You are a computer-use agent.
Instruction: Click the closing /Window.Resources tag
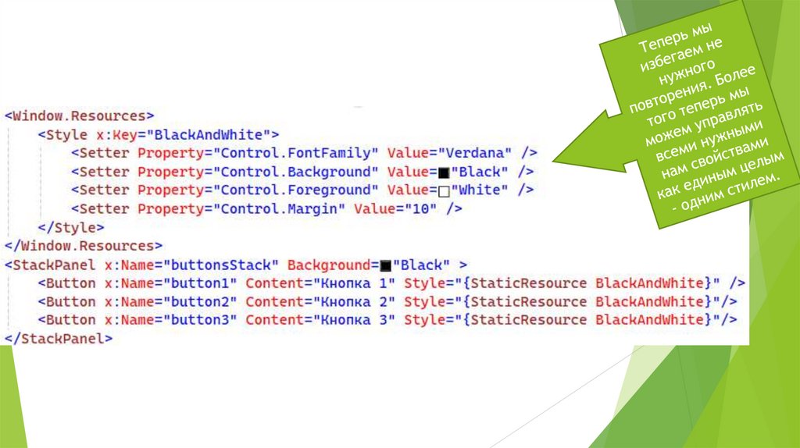[x=84, y=246]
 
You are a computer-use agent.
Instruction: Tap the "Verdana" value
[x=476, y=152]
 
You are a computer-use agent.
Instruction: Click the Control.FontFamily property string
[x=296, y=152]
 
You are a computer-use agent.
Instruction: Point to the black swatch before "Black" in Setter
[x=445, y=171]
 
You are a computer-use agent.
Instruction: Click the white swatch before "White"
[x=445, y=190]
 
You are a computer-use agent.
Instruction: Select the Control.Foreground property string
[x=296, y=190]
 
